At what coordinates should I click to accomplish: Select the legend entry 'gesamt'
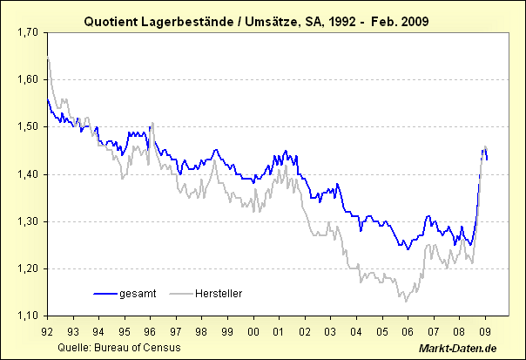coord(137,294)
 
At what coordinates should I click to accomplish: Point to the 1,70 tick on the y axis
coord(28,32)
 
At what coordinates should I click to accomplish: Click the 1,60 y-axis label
coord(28,79)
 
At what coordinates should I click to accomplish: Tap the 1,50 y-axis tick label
coord(28,126)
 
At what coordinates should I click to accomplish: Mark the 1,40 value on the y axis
coord(28,174)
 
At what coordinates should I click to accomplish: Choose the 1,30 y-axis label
coord(28,221)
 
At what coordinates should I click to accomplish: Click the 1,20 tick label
coord(28,268)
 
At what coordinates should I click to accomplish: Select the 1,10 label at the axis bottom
coord(28,316)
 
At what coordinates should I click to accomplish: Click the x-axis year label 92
coord(47,331)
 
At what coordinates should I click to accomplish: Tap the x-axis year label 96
coord(150,331)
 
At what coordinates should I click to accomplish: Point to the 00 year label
coord(253,331)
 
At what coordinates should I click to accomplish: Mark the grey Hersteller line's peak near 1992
coord(48,58)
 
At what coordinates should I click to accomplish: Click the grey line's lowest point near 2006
coord(405,302)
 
